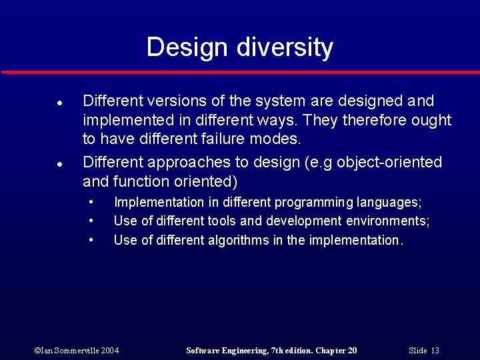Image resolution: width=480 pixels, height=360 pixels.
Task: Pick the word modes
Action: [280, 140]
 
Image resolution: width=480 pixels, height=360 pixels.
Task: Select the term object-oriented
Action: [390, 163]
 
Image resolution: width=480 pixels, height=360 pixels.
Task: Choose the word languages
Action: [389, 203]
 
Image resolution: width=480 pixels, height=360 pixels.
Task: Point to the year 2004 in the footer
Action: [110, 351]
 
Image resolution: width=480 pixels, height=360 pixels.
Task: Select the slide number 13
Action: [435, 351]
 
